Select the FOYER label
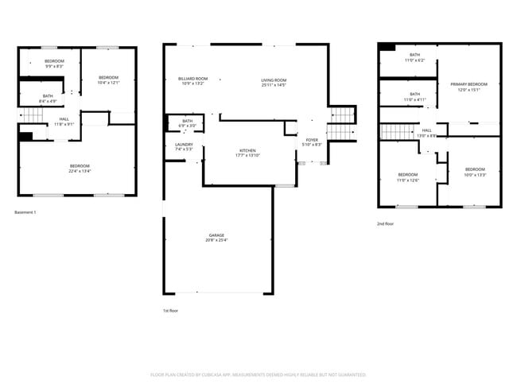point(312,142)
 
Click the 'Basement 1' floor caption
point(25,212)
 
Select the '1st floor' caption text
point(170,310)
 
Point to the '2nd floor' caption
point(386,223)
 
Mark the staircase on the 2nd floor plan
point(394,131)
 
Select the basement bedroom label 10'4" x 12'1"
point(107,80)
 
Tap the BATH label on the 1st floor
point(187,122)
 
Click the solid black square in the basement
point(25,137)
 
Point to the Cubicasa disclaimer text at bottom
point(258,374)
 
